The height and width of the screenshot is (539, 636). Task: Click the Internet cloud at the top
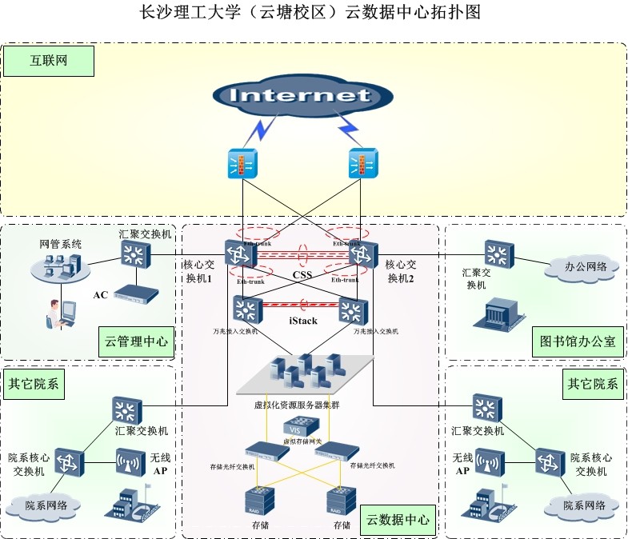(302, 97)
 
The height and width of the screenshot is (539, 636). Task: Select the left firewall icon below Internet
(240, 164)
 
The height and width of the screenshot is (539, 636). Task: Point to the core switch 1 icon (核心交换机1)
(240, 255)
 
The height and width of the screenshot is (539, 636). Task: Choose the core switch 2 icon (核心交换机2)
(362, 255)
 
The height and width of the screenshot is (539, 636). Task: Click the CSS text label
(302, 275)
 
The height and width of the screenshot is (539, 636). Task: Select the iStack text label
(302, 321)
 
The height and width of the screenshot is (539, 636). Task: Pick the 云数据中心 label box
(398, 520)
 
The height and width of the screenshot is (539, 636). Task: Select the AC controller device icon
(135, 294)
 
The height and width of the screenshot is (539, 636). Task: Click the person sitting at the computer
(60, 313)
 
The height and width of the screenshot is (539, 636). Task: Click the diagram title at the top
(310, 13)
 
